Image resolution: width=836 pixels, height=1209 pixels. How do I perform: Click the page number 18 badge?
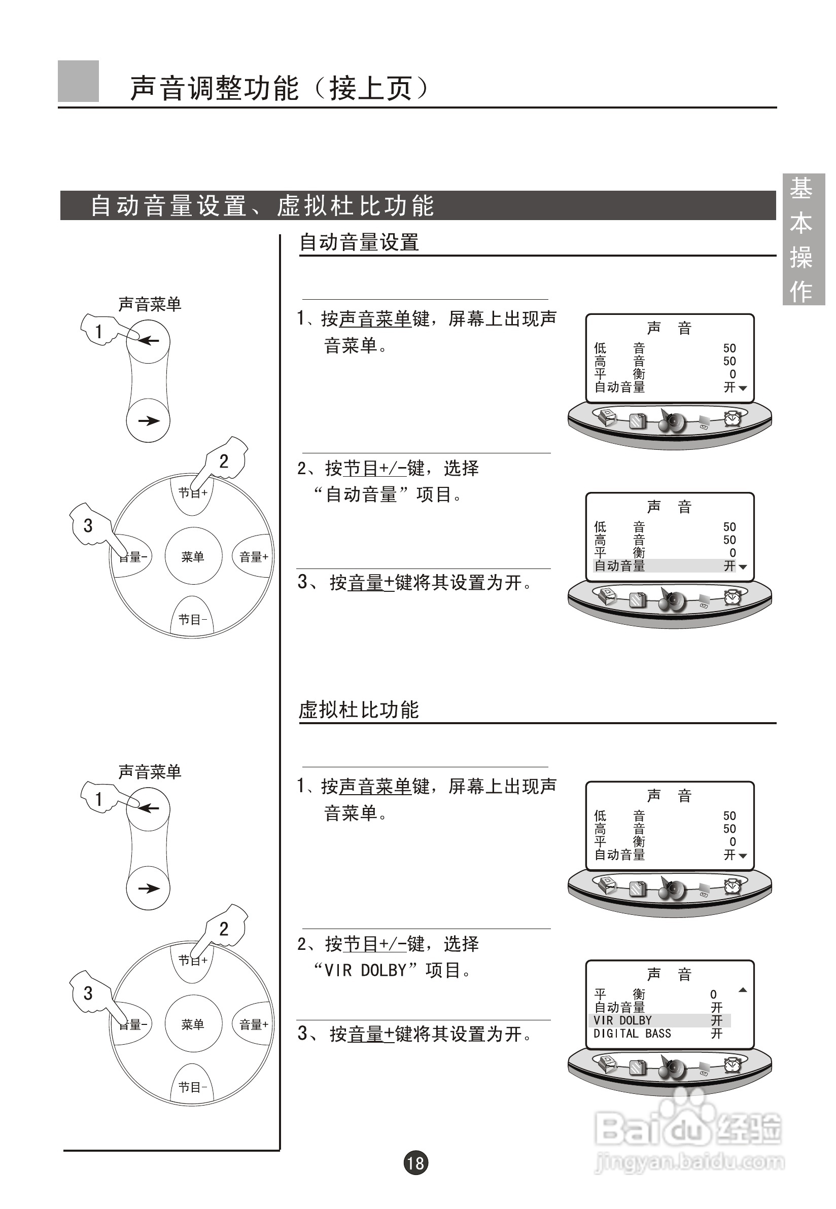pos(415,1163)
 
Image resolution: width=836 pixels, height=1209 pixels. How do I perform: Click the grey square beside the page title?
pos(78,81)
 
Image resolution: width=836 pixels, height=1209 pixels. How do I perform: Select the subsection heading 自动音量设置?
pos(359,242)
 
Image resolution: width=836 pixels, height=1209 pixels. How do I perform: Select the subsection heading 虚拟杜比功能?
pos(359,710)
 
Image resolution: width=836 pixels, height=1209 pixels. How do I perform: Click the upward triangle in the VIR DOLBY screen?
pos(742,990)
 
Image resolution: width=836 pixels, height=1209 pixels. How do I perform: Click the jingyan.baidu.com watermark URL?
pos(689,1162)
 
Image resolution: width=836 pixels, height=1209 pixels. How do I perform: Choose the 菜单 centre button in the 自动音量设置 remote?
pos(193,557)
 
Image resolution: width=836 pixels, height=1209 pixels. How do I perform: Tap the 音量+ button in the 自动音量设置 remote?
pos(254,557)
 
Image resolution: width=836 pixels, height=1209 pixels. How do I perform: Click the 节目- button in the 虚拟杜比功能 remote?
pos(193,1087)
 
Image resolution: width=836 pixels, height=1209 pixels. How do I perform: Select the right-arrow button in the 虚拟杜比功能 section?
pos(148,888)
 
